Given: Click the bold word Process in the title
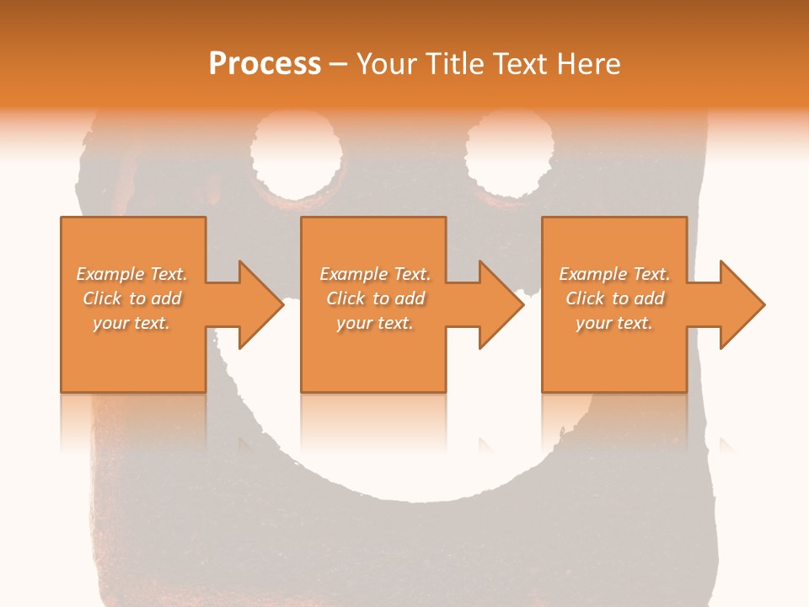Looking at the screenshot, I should pyautogui.click(x=265, y=63).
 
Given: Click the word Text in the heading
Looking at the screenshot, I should pyautogui.click(x=517, y=63).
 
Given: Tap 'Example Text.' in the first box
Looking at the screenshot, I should pyautogui.click(x=131, y=274).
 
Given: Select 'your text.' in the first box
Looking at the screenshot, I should pyautogui.click(x=131, y=323).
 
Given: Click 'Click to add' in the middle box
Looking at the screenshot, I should pyautogui.click(x=375, y=298).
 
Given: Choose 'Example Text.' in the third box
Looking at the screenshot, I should pyautogui.click(x=614, y=274).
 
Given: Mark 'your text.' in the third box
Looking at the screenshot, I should pyautogui.click(x=614, y=323).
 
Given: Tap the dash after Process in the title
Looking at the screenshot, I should pyautogui.click(x=339, y=64).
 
